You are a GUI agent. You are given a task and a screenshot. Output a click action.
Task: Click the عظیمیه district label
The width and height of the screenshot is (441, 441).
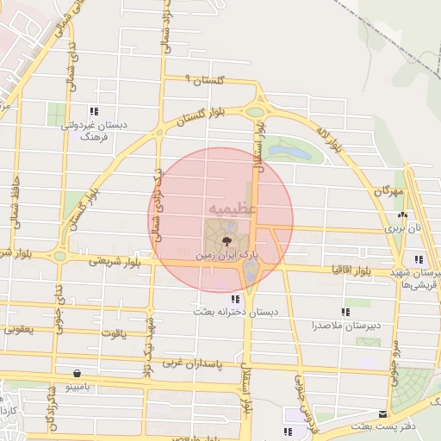tap(230, 209)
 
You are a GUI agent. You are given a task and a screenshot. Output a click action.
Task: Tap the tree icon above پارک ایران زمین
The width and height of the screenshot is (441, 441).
tap(226, 240)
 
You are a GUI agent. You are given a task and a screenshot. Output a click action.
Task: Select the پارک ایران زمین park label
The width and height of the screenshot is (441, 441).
tap(225, 256)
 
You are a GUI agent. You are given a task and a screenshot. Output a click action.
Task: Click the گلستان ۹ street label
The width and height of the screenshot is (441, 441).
tap(207, 80)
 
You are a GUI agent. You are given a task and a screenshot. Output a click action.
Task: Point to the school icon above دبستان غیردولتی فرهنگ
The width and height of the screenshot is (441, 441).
tap(93, 111)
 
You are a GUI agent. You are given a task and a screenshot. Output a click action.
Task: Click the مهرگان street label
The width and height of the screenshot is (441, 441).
tap(388, 189)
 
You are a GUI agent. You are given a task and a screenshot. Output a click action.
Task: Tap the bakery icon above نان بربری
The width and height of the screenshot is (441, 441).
tap(401, 215)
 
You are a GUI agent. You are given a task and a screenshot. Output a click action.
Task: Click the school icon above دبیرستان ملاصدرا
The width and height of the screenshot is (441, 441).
tap(345, 312)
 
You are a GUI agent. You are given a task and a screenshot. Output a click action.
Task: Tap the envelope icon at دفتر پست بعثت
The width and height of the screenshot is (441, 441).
tap(382, 413)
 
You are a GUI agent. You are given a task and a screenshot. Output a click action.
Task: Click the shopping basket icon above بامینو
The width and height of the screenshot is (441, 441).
tap(78, 374)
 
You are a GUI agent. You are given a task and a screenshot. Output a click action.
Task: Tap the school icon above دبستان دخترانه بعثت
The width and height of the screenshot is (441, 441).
tap(234, 299)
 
